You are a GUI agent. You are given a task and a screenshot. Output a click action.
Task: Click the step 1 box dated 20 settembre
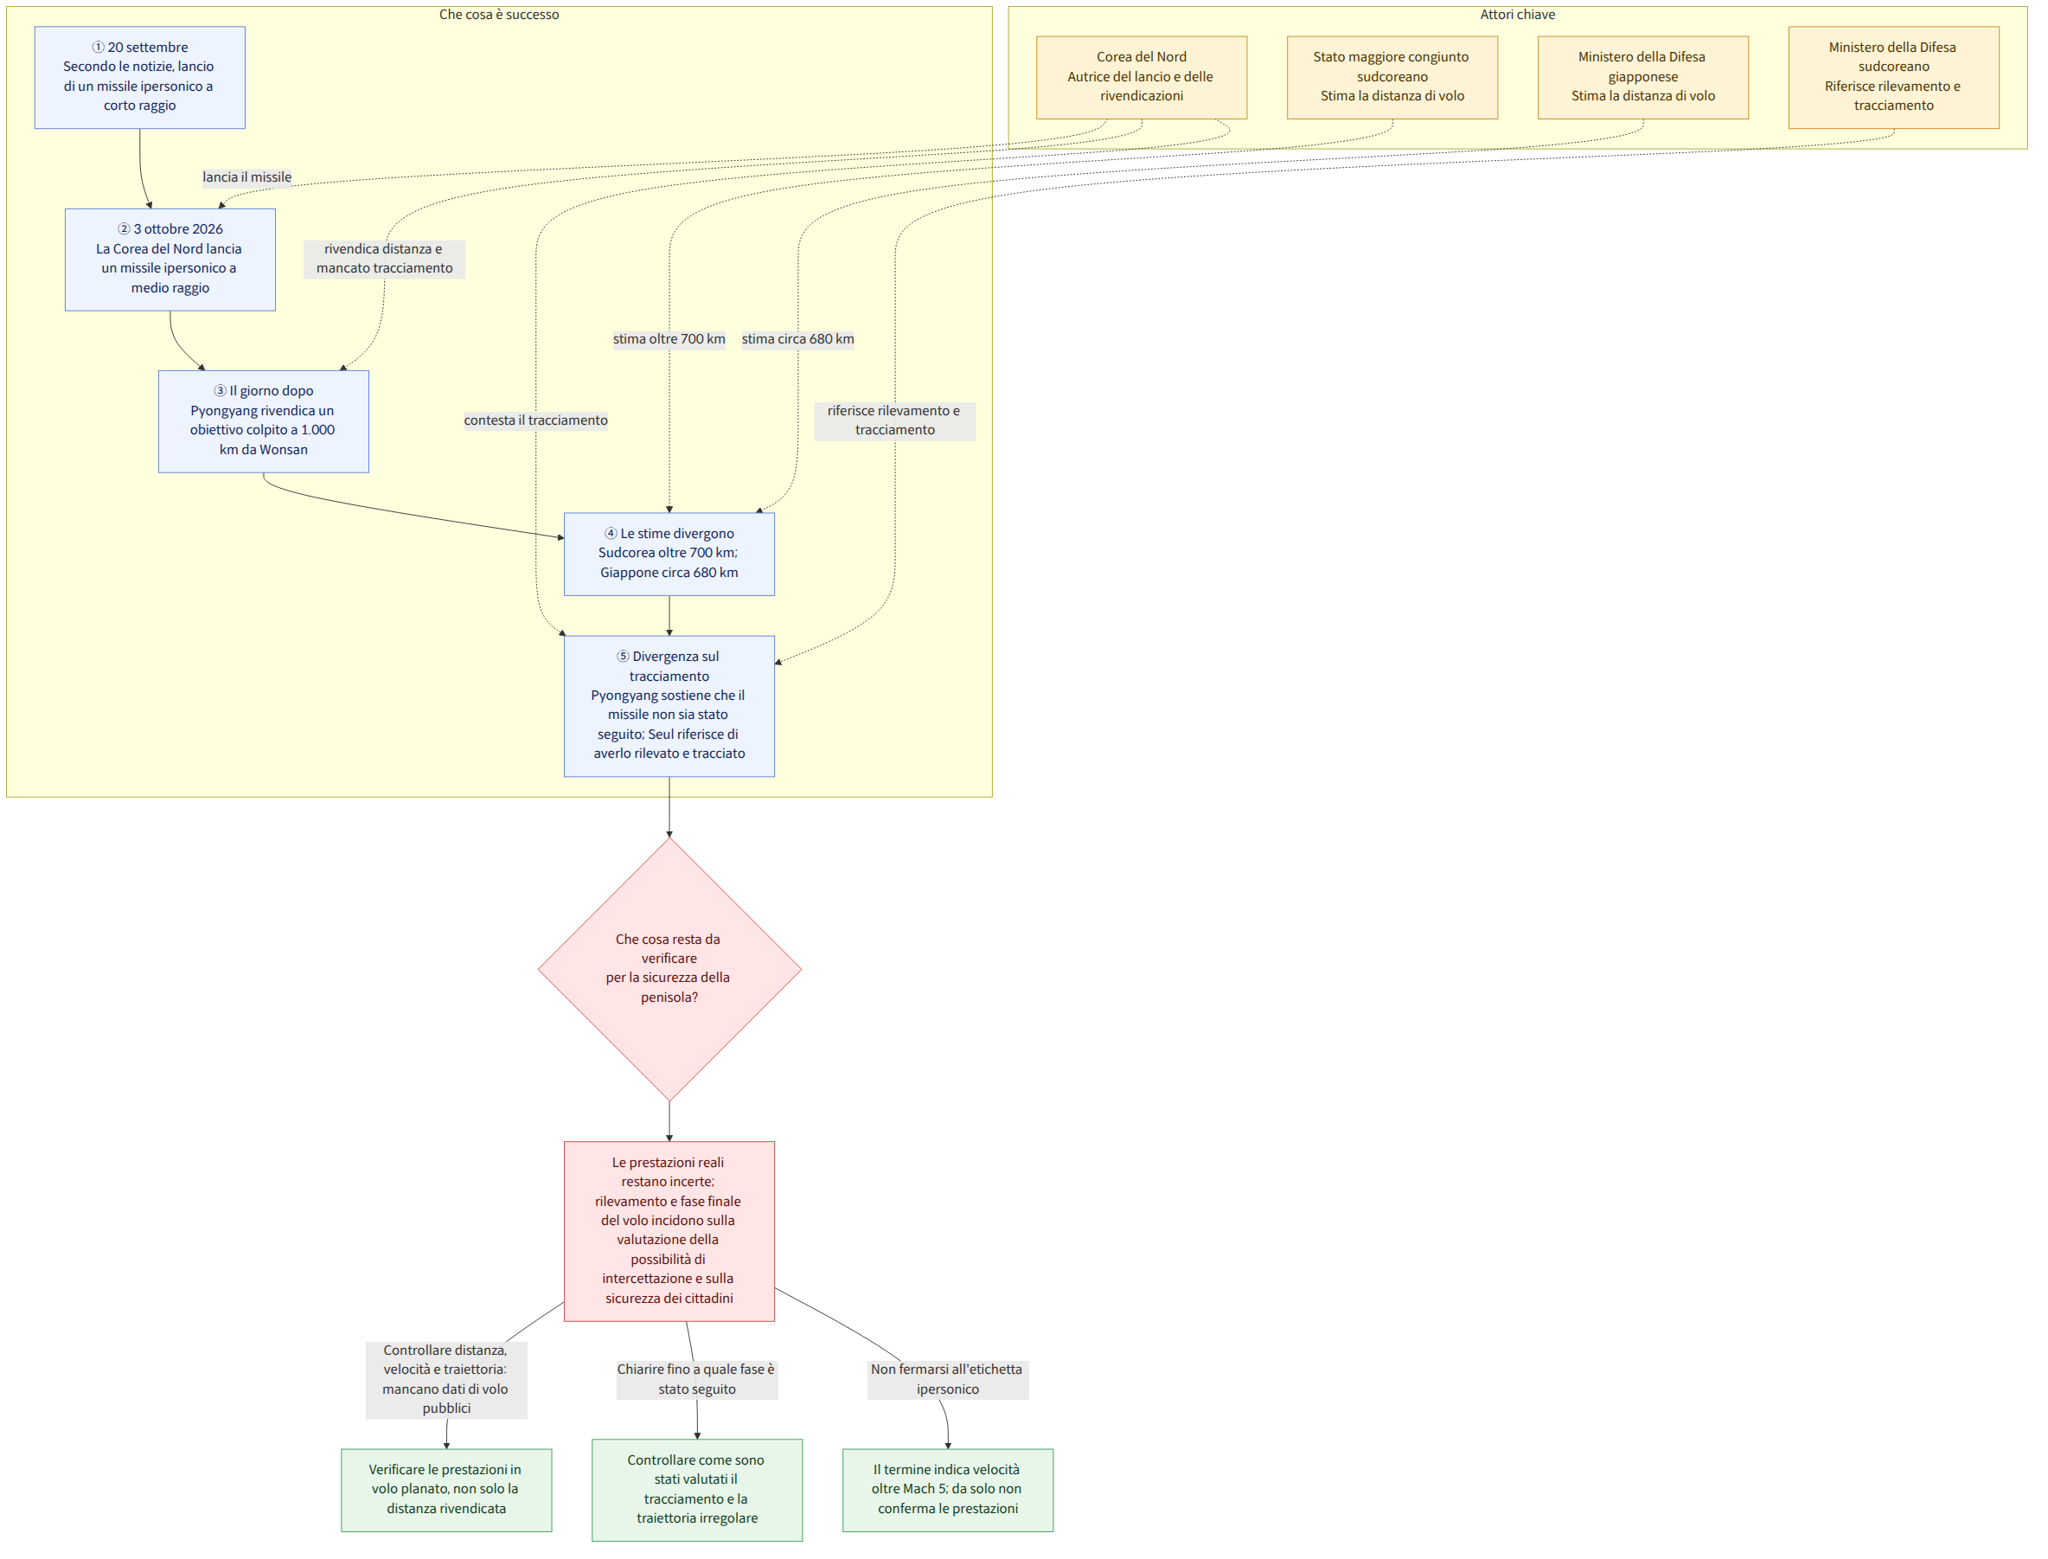coord(140,77)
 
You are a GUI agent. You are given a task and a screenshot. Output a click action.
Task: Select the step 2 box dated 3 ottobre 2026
coord(170,260)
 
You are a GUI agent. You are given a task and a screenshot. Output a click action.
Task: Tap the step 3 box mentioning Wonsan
coord(265,423)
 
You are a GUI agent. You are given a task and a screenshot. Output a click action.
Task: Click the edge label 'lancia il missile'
coord(247,178)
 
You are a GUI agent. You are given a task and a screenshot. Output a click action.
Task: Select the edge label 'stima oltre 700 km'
coord(670,340)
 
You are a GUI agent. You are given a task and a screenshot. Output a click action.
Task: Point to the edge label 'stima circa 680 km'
coord(799,340)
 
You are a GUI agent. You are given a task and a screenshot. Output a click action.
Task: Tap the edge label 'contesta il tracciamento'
coord(537,421)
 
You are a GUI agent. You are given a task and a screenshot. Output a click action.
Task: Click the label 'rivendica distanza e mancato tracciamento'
coord(386,260)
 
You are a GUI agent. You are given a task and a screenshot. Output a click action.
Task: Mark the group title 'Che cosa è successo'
coord(501,15)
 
